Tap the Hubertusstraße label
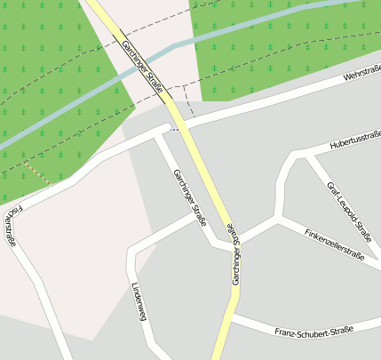click(x=355, y=140)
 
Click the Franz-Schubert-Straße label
click(x=314, y=332)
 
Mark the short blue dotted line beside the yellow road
click(x=174, y=129)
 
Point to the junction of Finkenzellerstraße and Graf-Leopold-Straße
click(x=281, y=217)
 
